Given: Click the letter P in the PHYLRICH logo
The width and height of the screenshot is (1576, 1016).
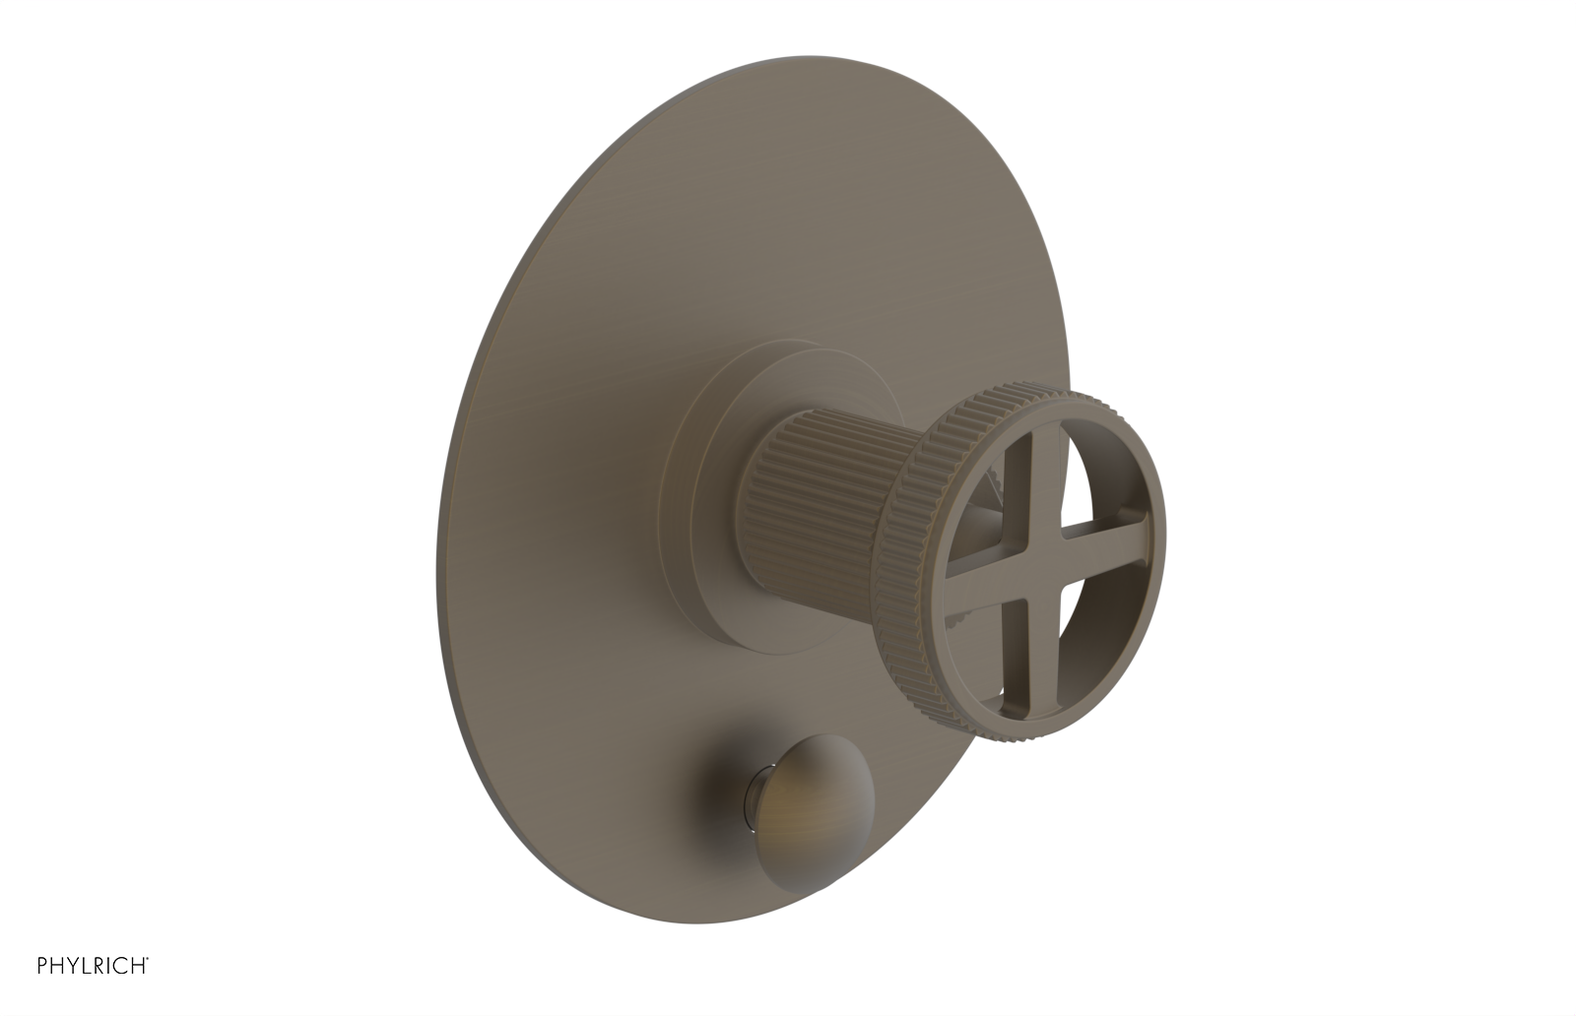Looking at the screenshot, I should (x=42, y=966).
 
